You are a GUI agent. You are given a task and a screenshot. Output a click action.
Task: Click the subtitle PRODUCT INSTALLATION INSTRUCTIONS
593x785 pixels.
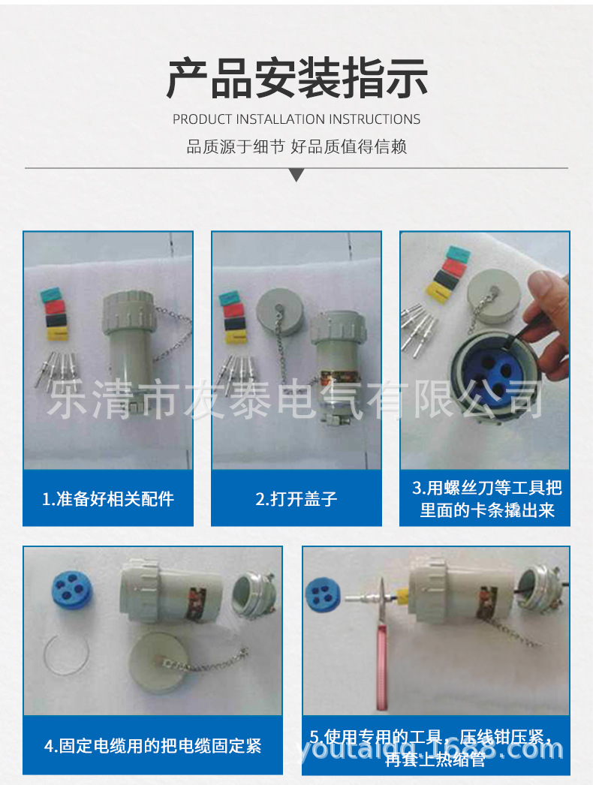click(x=296, y=119)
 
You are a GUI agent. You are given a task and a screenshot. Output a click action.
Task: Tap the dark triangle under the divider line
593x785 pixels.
click(x=296, y=175)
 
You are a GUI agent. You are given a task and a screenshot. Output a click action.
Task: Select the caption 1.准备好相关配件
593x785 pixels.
click(x=108, y=498)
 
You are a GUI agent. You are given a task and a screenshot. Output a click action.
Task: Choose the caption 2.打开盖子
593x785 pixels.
click(x=296, y=498)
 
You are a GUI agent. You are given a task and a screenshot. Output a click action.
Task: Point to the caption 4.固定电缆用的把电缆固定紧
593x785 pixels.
click(x=152, y=745)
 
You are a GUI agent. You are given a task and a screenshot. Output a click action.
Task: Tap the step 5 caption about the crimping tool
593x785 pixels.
click(x=436, y=747)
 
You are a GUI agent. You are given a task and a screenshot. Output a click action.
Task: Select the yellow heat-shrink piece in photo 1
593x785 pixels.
click(x=57, y=333)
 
